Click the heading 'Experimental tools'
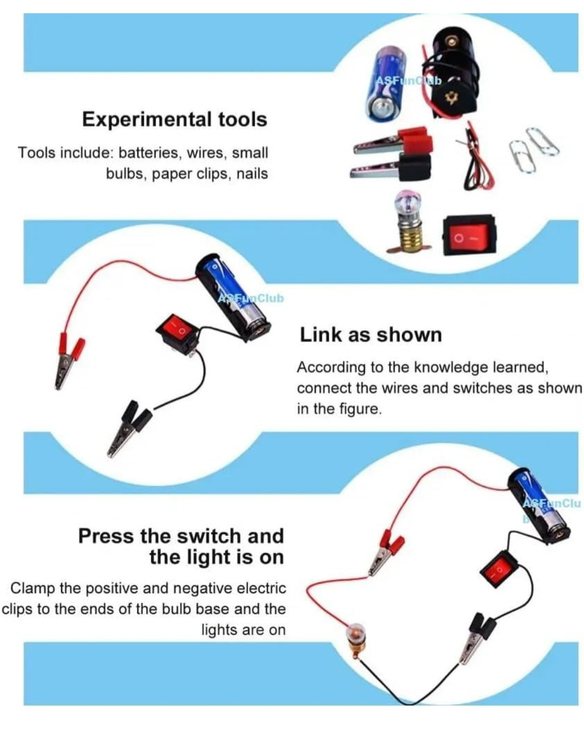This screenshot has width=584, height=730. (175, 120)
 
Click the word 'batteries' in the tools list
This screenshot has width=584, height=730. (149, 152)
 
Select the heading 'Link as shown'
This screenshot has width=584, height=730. (370, 335)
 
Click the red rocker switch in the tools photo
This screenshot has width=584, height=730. (468, 234)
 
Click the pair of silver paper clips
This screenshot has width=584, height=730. (533, 149)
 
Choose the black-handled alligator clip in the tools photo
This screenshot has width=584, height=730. (390, 168)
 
